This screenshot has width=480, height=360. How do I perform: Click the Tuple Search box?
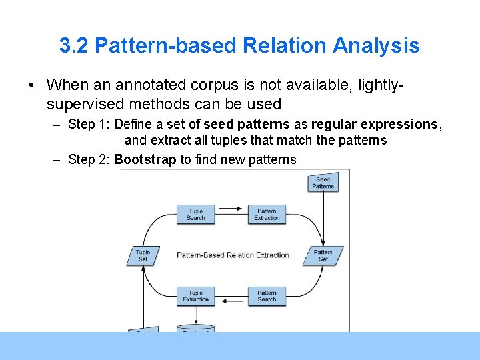pyautogui.click(x=196, y=214)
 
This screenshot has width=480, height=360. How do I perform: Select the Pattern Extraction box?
pyautogui.click(x=267, y=214)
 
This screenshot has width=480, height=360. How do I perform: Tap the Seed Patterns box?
pyautogui.click(x=323, y=182)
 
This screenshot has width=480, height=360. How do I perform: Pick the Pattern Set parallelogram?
pyautogui.click(x=323, y=255)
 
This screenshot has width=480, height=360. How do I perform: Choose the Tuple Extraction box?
pyautogui.click(x=196, y=296)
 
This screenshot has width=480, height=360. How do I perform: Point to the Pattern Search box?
pyautogui.click(x=267, y=296)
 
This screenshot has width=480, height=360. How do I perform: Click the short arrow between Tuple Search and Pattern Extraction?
pyautogui.click(x=231, y=209)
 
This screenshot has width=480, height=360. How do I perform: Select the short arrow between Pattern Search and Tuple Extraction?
pyautogui.click(x=231, y=301)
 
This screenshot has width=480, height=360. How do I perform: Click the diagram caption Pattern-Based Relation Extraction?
pyautogui.click(x=233, y=255)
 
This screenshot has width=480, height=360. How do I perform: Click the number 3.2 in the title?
pyautogui.click(x=74, y=46)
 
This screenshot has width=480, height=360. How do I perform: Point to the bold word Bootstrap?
pyautogui.click(x=145, y=159)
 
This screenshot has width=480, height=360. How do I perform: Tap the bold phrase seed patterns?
pyautogui.click(x=247, y=125)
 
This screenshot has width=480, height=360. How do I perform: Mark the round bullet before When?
pyautogui.click(x=31, y=85)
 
